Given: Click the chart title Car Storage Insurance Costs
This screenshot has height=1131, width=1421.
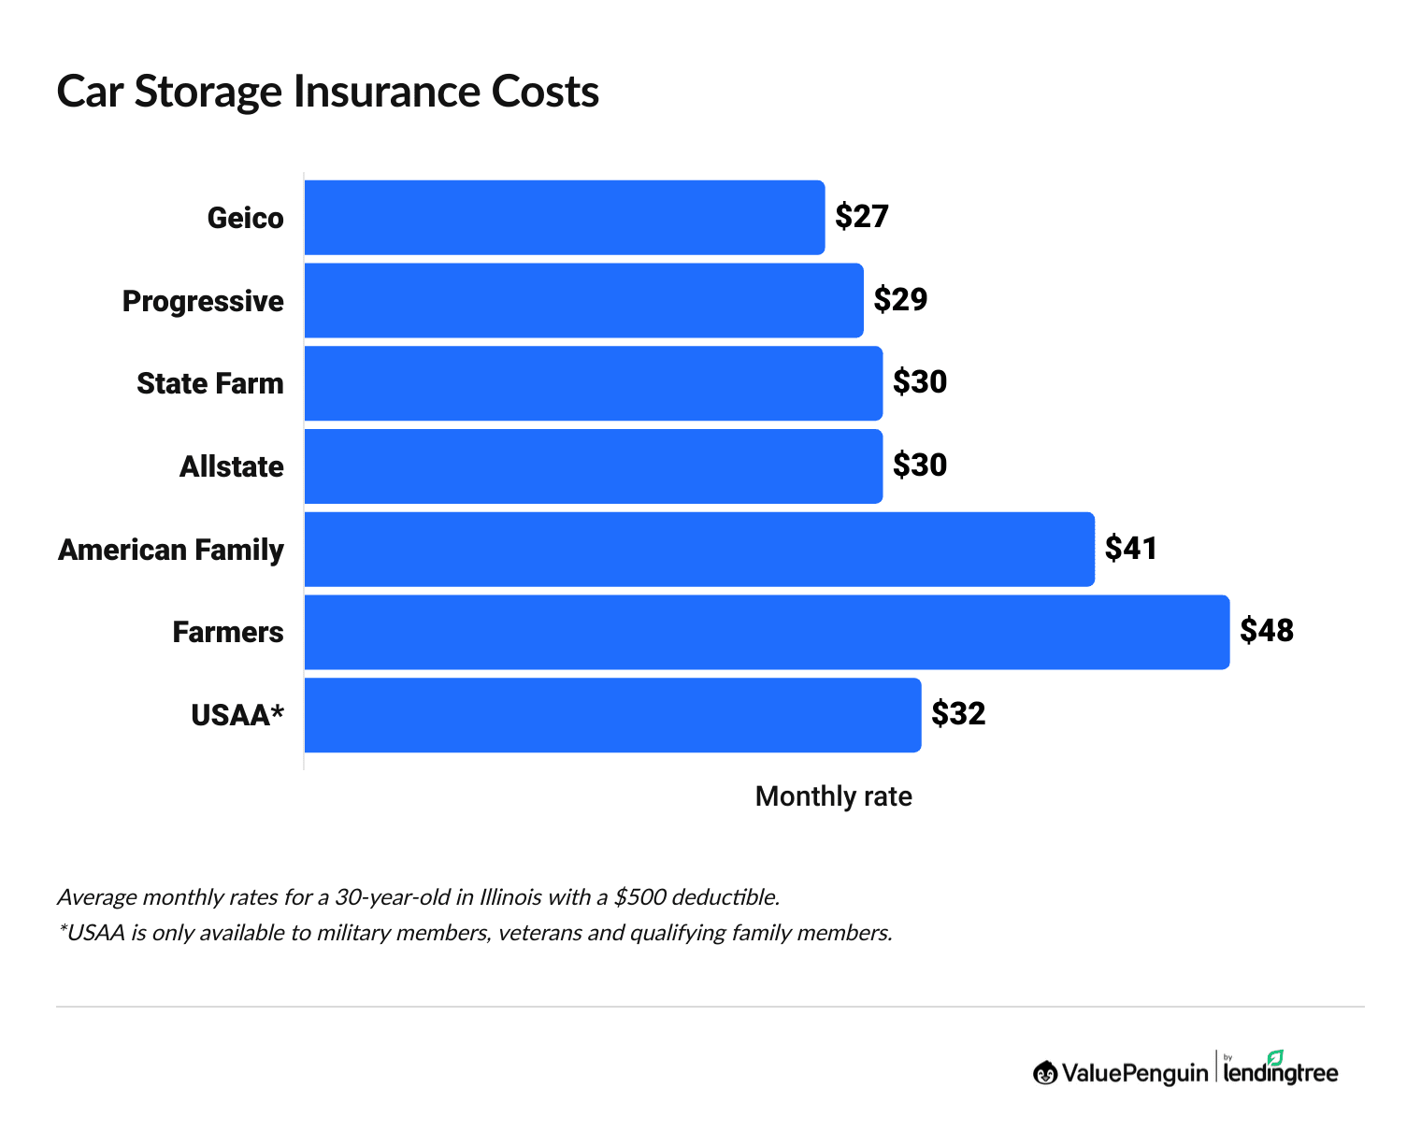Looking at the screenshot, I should (327, 92).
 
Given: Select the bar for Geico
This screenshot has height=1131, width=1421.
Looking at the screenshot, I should (565, 217).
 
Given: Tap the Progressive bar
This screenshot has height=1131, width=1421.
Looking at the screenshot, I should (583, 300).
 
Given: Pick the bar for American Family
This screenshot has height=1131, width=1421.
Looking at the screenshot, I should (699, 550).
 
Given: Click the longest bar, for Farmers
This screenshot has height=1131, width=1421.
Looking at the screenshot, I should (767, 632).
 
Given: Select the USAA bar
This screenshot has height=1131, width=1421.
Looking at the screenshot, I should (612, 715).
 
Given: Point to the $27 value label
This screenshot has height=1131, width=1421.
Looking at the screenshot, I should (861, 217).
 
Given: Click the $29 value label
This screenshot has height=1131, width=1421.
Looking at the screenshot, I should (900, 299).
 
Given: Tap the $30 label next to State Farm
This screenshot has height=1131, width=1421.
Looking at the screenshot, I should (920, 382).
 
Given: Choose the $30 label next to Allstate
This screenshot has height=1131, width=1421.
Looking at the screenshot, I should (920, 465).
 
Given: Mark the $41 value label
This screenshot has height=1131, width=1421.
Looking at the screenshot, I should (1131, 548).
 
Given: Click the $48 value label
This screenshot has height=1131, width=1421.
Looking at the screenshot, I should (1267, 631).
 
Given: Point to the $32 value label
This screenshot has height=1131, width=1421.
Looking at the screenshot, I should (958, 714).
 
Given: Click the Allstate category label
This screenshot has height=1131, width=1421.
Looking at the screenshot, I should (231, 466).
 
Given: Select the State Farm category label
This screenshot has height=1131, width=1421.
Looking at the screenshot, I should (209, 383).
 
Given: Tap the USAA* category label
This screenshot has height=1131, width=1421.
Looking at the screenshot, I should (237, 716).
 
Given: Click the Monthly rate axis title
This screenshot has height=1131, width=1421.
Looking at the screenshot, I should (833, 796).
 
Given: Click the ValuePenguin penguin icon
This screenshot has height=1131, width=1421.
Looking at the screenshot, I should (1045, 1073).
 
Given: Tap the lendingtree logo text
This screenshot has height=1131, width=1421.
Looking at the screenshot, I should (1281, 1073).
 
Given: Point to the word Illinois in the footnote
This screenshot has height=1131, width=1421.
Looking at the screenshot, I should (510, 897).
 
